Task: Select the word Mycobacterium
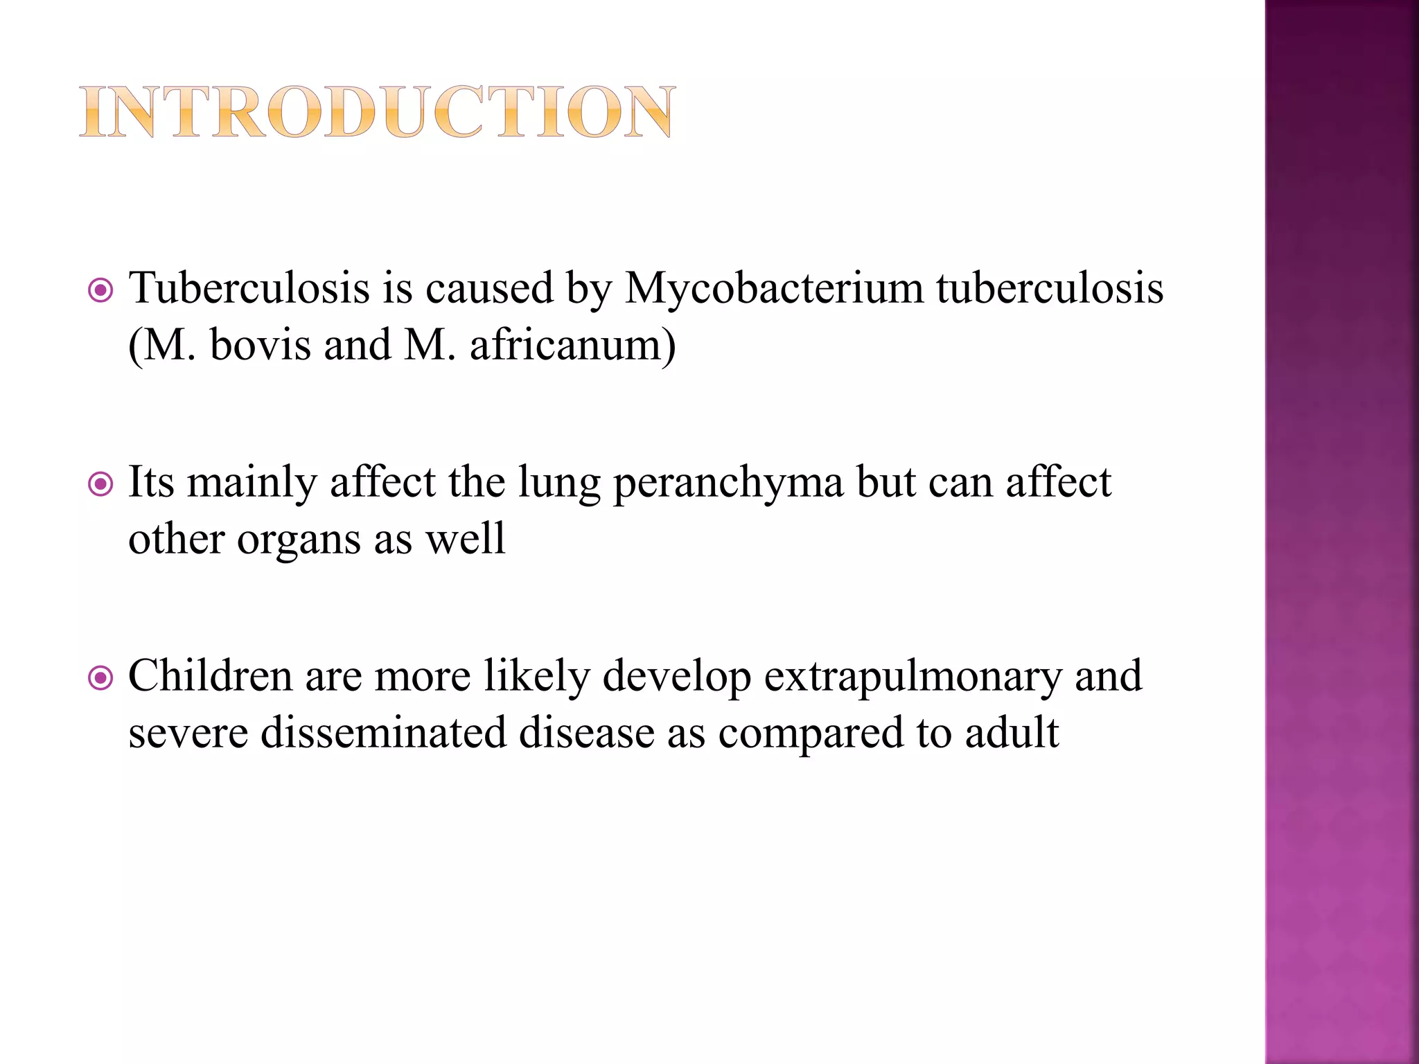coord(774,289)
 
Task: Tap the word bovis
coord(260,345)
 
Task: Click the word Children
coord(210,676)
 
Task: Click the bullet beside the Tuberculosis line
coord(101,291)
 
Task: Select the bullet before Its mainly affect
coord(101,485)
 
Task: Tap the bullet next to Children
coord(101,679)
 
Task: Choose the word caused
coord(489,289)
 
